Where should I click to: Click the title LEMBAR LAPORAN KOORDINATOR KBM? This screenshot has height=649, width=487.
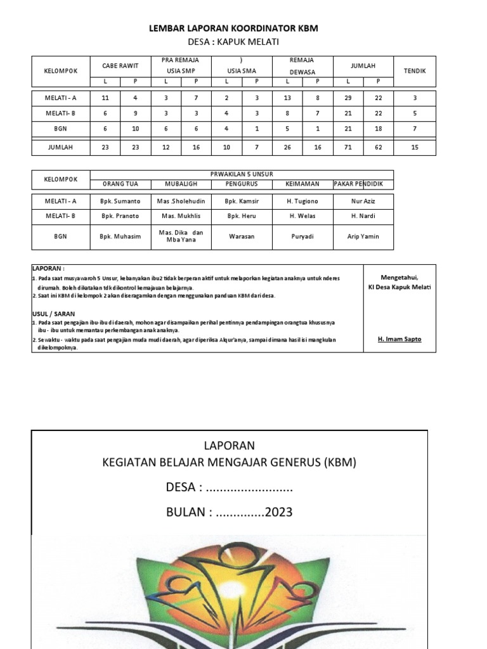click(x=233, y=29)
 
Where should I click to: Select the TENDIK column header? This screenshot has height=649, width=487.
click(x=415, y=71)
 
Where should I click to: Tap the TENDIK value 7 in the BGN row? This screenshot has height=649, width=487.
click(x=415, y=129)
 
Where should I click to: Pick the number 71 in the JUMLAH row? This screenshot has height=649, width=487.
click(x=347, y=148)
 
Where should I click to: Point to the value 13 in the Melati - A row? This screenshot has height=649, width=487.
click(x=288, y=98)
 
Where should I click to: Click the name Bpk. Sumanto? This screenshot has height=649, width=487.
click(x=120, y=201)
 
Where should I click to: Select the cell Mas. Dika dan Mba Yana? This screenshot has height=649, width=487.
click(x=181, y=236)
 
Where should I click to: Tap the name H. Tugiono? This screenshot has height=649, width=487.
click(x=302, y=201)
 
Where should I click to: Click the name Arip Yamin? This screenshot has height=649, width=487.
click(x=363, y=236)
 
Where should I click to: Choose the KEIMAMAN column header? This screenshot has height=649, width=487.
click(x=302, y=184)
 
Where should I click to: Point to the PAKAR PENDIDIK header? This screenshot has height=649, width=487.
click(x=363, y=184)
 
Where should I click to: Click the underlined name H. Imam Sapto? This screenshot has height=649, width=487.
click(x=399, y=339)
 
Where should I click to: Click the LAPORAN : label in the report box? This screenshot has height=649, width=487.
click(x=48, y=269)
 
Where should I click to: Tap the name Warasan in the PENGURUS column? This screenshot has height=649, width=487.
click(x=242, y=236)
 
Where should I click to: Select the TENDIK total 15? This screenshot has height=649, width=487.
click(x=415, y=148)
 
